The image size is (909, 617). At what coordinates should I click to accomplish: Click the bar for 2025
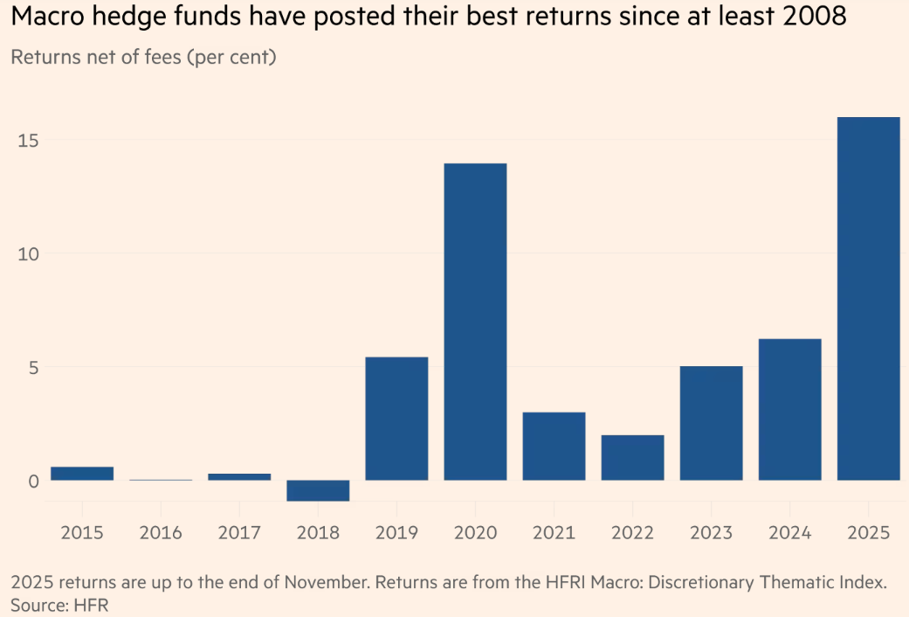click(x=868, y=298)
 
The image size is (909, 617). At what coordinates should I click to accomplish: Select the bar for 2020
click(x=475, y=322)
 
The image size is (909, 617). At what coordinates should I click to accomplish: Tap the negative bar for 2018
click(x=318, y=490)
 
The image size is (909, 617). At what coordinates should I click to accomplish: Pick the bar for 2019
click(x=396, y=418)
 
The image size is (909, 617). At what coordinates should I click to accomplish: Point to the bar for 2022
click(x=632, y=457)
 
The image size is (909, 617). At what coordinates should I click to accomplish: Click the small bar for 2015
click(x=82, y=473)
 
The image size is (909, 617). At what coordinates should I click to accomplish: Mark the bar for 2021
click(x=554, y=446)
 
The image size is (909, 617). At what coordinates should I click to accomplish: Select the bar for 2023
click(x=711, y=423)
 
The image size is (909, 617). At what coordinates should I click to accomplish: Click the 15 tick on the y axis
click(x=27, y=140)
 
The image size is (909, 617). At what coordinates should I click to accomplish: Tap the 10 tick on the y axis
click(x=27, y=253)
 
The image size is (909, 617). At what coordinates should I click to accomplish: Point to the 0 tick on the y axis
click(x=33, y=481)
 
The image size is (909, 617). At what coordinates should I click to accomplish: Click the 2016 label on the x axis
click(x=161, y=532)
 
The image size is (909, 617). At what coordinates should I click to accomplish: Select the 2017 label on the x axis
click(x=239, y=532)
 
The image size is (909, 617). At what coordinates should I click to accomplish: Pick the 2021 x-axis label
click(x=554, y=532)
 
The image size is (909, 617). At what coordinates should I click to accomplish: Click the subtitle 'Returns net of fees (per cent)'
click(x=143, y=59)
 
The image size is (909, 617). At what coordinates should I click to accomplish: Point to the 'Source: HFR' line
click(x=59, y=604)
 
